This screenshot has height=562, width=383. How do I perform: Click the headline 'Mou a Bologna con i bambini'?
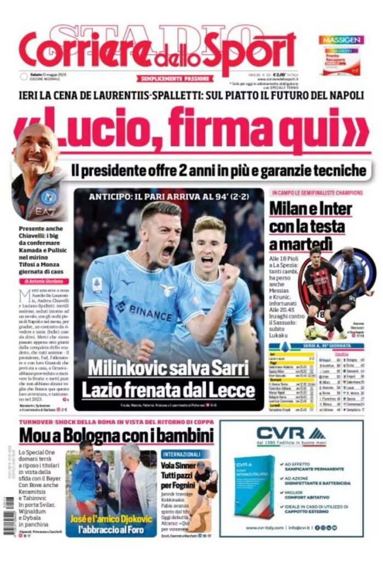[116, 436]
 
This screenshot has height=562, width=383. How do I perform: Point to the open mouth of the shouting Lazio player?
[167, 252]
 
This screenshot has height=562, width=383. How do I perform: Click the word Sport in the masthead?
[254, 50]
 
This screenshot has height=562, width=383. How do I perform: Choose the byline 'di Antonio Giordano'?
[43, 281]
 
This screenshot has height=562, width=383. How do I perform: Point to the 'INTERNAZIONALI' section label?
[184, 455]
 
